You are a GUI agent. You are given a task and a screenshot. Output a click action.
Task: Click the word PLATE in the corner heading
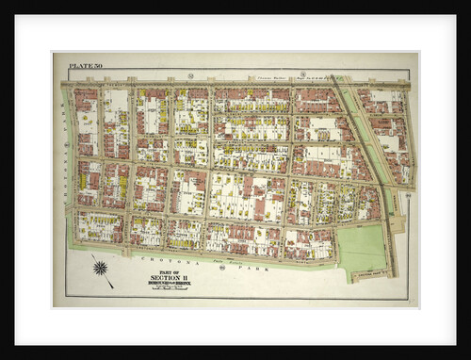pyautogui.click(x=78, y=65)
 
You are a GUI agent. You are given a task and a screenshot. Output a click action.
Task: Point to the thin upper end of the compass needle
pyautogui.click(x=92, y=255)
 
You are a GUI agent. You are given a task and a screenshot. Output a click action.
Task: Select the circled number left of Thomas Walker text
pyautogui.click(x=190, y=74)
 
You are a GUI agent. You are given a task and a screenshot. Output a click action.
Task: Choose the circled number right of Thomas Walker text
pyautogui.click(x=301, y=74)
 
